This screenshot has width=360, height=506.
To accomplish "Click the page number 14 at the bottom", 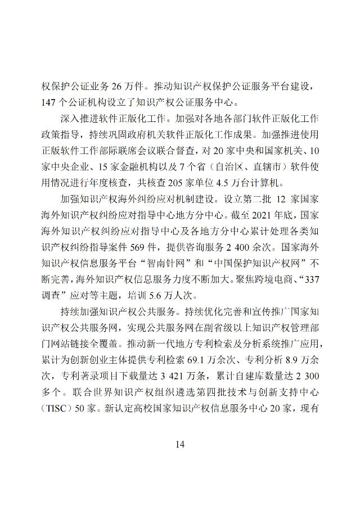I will pyautogui.click(x=180, y=444).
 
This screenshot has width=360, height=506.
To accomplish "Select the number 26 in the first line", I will pyautogui.click(x=117, y=87).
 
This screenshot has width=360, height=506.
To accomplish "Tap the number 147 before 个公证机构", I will pyautogui.click(x=49, y=102).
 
